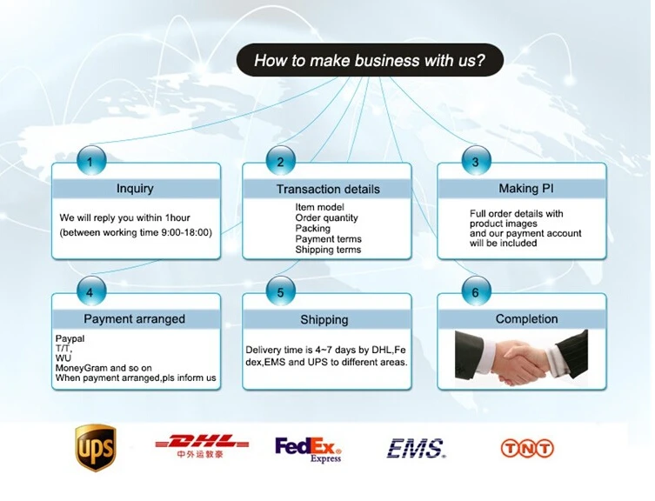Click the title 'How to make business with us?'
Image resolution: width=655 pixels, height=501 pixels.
coord(370,61)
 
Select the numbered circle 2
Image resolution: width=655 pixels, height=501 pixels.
coord(280,161)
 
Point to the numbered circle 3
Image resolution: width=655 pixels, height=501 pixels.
coord(475,161)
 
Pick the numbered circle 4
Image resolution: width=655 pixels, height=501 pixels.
coord(90,291)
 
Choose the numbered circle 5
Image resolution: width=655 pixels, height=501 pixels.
coord(280,291)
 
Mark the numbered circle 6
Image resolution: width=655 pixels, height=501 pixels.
coord(475,291)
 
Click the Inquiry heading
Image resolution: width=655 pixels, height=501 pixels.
coord(135,189)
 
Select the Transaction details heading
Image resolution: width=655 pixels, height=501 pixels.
coord(328,189)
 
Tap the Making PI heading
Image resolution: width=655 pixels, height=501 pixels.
coord(525,189)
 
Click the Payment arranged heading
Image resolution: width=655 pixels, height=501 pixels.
coord(134,319)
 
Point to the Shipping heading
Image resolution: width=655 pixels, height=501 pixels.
coord(324,320)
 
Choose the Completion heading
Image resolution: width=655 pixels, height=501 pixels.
coord(526,319)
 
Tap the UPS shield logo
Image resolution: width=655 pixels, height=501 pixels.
coord(95,448)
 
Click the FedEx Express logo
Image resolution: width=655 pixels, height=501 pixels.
coord(309,449)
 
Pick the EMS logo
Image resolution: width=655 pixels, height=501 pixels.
coord(416,448)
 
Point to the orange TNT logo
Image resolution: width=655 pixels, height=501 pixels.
coord(527,448)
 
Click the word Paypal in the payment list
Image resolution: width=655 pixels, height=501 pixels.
coord(70,337)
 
